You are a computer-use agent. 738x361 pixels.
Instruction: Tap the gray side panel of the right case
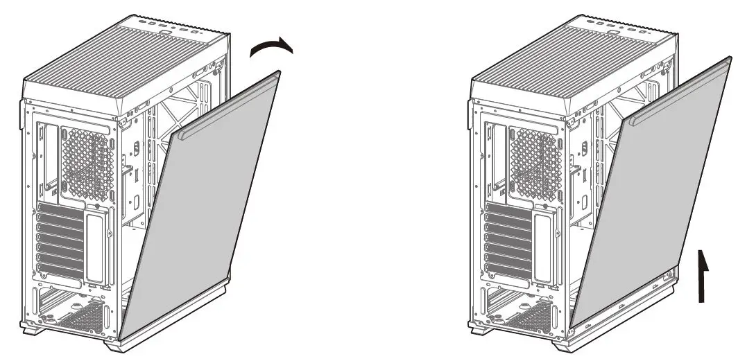click(652, 208)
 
